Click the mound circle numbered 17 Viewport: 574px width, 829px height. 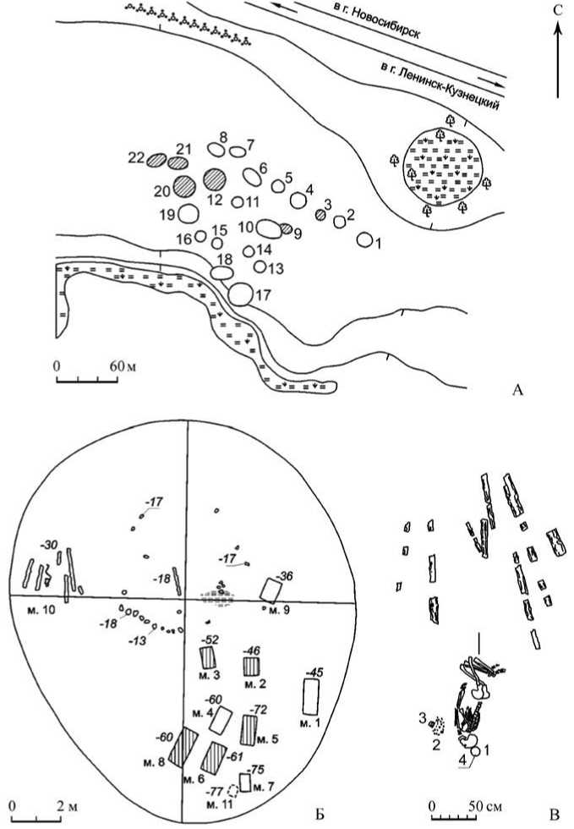click(240, 294)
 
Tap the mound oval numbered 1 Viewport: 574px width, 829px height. click(364, 240)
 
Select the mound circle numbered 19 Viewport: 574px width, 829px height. click(189, 213)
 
